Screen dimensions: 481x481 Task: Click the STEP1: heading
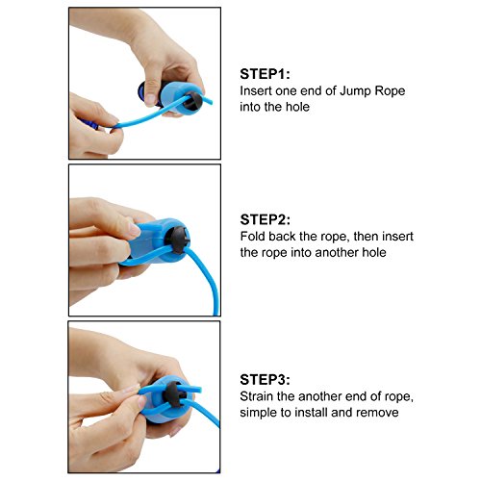265,74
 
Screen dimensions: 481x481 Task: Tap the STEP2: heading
265,219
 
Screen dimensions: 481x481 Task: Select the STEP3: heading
265,380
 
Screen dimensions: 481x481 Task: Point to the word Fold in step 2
253,237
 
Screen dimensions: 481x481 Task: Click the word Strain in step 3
257,396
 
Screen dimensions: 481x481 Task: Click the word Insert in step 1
256,90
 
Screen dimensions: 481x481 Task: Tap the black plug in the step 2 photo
177,240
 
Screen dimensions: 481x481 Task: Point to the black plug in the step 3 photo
173,394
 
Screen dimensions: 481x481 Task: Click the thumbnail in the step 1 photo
150,100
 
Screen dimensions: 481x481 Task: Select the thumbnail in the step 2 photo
135,230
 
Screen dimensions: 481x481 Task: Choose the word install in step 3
311,413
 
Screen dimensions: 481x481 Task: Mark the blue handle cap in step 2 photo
154,241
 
